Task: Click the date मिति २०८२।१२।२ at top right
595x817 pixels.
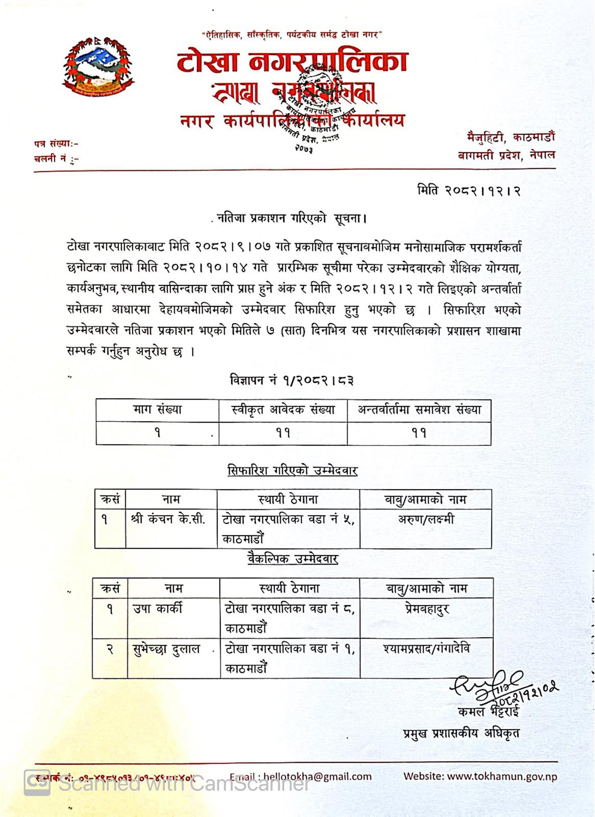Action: [x=468, y=191]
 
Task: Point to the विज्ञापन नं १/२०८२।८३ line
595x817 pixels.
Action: [x=292, y=380]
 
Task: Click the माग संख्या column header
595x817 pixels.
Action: [x=157, y=410]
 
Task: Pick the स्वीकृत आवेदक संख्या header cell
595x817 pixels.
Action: [x=283, y=410]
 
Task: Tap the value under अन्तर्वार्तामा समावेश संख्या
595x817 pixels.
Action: [x=419, y=433]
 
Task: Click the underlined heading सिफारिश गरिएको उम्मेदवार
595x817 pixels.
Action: [x=292, y=470]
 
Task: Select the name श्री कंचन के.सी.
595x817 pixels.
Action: [x=168, y=520]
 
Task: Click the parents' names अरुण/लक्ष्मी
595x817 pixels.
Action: [x=426, y=520]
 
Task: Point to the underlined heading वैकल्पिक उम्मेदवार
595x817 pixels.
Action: [x=292, y=559]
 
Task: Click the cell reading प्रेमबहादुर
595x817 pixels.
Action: [x=427, y=609]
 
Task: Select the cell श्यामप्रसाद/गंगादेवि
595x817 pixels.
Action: [x=427, y=649]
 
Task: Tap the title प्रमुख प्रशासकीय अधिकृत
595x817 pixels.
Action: [x=461, y=734]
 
